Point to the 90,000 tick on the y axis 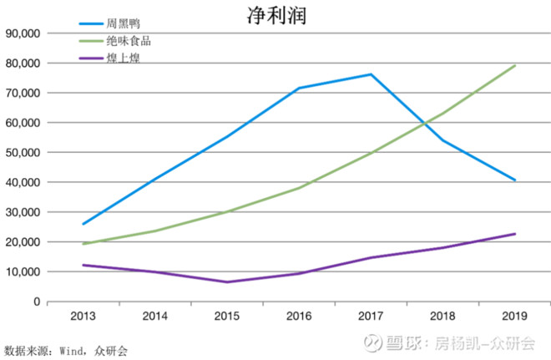(x=23, y=33)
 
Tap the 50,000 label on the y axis (x=23, y=153)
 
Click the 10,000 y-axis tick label (x=23, y=272)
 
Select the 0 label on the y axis (x=37, y=302)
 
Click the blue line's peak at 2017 (x=371, y=74)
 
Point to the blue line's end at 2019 (x=515, y=180)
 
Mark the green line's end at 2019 (x=515, y=65)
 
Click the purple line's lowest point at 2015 (x=227, y=282)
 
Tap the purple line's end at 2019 (x=515, y=234)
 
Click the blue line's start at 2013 (x=83, y=224)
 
